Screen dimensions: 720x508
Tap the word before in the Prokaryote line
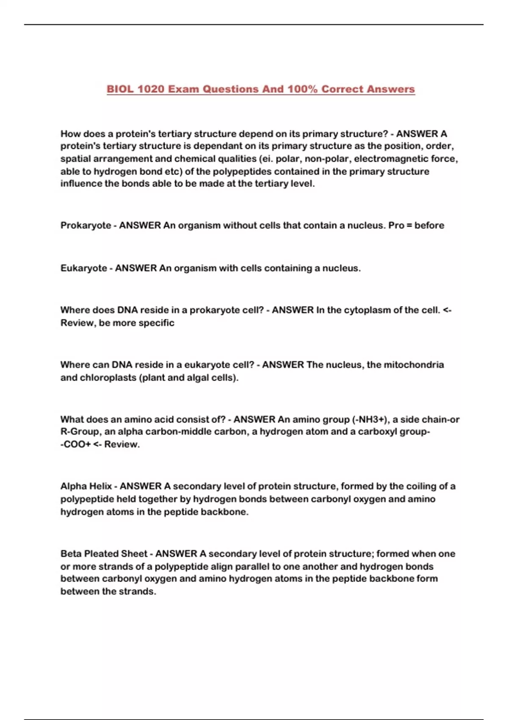coord(429,225)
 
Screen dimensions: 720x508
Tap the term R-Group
coord(79,432)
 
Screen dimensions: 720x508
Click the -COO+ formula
coord(75,444)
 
